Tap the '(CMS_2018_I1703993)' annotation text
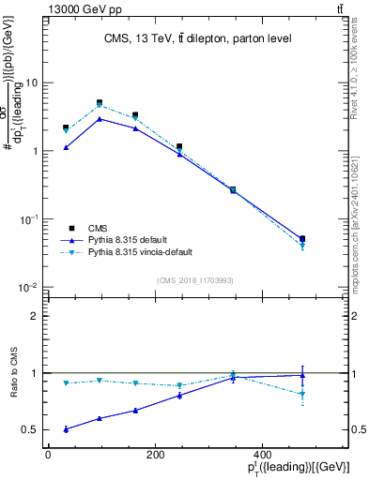[x=194, y=279]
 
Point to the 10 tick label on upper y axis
[x=32, y=82]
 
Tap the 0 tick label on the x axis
[x=48, y=455]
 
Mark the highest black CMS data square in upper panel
[x=100, y=103]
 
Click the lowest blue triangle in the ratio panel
[x=66, y=429]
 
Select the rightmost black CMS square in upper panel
[x=301, y=239]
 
